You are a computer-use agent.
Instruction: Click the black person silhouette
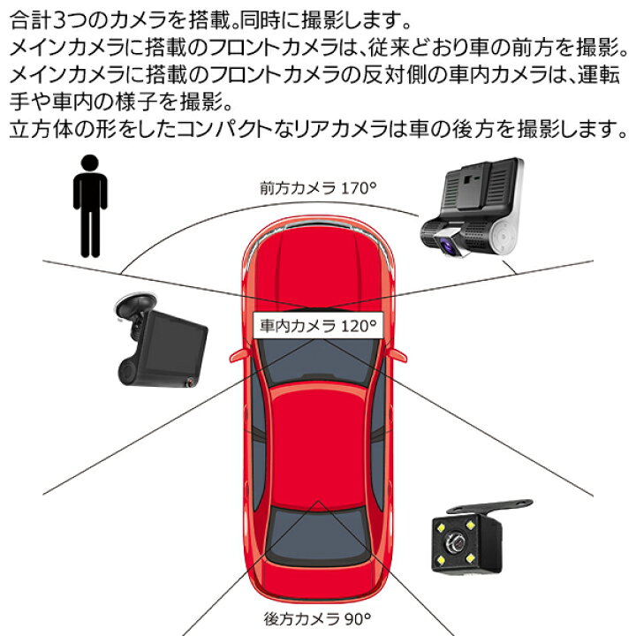89,208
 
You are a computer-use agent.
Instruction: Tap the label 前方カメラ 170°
317,188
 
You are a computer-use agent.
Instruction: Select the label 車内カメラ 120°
317,325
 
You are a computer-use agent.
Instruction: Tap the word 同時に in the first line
265,17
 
